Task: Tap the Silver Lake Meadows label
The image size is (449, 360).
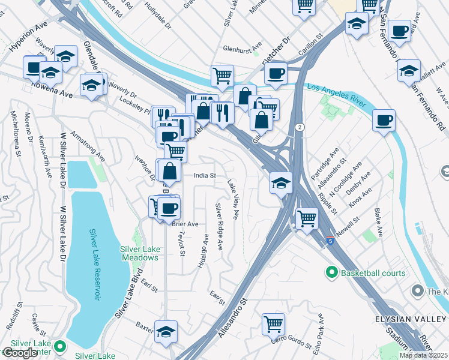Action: tap(139, 253)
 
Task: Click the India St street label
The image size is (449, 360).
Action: tap(204, 176)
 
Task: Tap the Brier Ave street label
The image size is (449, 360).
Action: tap(185, 224)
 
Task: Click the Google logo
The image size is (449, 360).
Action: tap(20, 353)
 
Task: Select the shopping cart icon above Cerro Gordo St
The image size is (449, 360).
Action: tap(273, 324)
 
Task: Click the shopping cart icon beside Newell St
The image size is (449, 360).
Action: tap(307, 218)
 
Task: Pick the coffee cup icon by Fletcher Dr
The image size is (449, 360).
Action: tap(276, 74)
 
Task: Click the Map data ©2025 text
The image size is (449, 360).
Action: tap(423, 355)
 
